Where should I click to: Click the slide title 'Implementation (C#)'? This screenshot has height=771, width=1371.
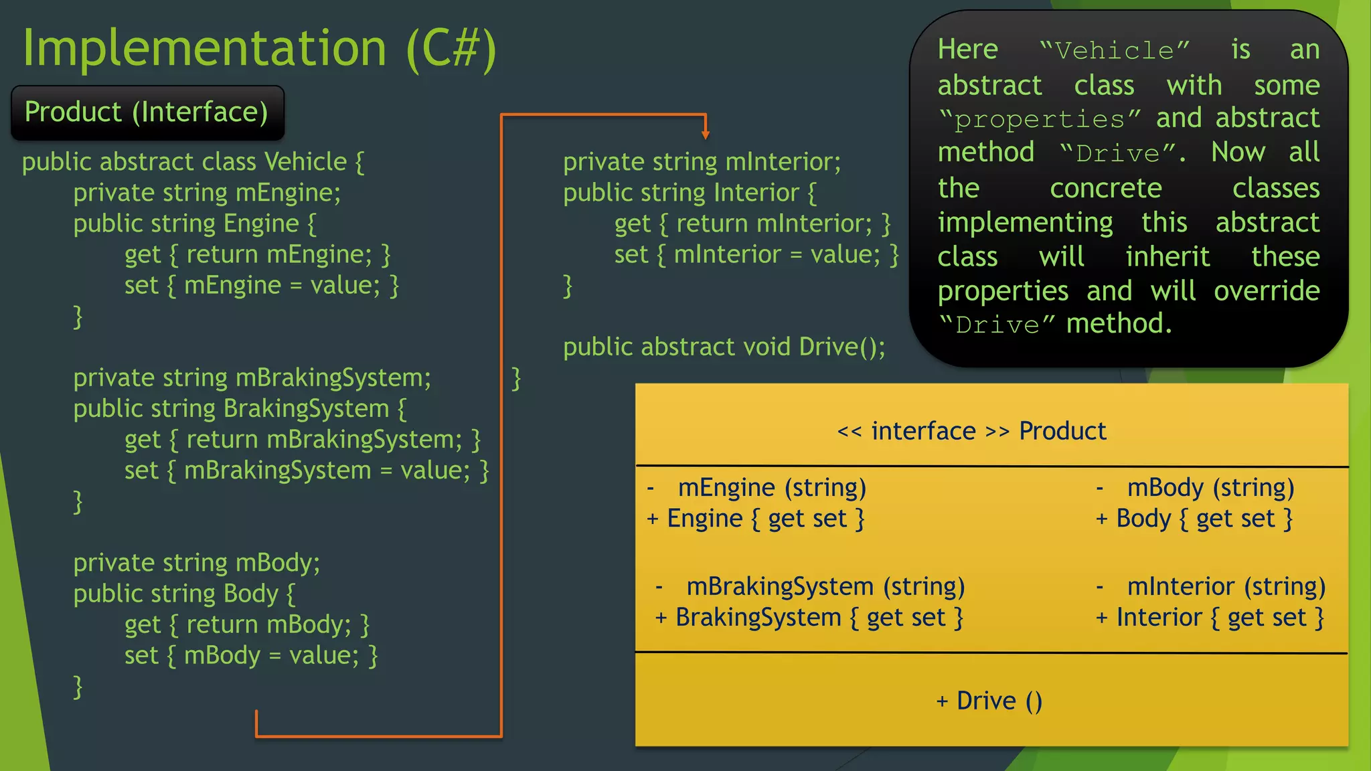[259, 48]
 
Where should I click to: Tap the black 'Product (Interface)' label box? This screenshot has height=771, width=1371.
[147, 112]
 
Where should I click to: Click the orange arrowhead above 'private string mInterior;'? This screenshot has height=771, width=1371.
[705, 135]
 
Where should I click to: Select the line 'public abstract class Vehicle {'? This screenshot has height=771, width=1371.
[193, 162]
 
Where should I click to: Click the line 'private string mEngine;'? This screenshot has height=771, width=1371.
[207, 193]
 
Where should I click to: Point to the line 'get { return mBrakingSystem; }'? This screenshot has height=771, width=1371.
[303, 440]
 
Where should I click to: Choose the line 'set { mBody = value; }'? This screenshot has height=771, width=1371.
[251, 655]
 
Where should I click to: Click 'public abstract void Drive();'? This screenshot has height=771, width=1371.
[724, 347]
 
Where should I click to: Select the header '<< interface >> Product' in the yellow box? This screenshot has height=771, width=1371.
[971, 431]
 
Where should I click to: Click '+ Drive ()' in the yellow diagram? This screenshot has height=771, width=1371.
[989, 701]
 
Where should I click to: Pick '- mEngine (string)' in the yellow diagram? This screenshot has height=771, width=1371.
[757, 488]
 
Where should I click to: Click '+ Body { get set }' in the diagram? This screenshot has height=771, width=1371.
[1194, 519]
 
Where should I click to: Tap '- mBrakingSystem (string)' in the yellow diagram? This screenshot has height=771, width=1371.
[810, 587]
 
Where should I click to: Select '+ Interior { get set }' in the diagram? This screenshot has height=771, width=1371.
[1210, 618]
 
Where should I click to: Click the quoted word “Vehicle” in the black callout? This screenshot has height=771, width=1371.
[1115, 51]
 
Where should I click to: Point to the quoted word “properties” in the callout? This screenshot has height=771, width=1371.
[1040, 119]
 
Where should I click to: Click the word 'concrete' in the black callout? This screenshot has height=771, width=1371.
[1105, 189]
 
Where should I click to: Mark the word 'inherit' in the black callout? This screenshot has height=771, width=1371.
[1167, 257]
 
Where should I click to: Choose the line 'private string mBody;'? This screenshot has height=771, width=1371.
[197, 563]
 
